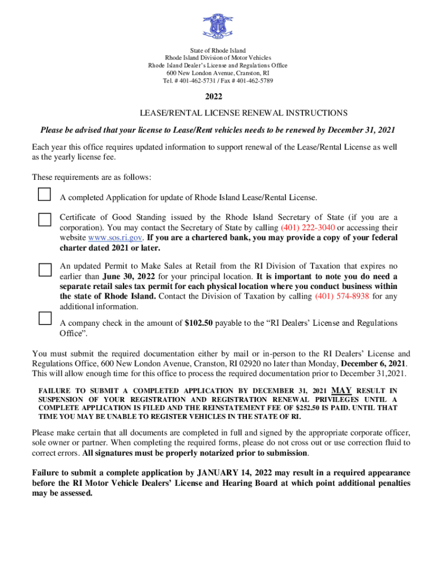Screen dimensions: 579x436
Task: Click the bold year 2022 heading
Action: coord(217,97)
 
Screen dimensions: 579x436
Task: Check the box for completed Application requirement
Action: coord(44,195)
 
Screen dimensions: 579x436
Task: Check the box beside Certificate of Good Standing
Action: coord(44,219)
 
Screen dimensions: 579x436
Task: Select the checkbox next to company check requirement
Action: coord(44,318)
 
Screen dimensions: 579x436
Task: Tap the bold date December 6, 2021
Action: coord(373,364)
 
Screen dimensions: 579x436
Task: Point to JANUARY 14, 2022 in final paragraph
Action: coord(233,473)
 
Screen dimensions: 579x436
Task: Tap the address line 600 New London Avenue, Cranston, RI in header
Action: coord(217,74)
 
